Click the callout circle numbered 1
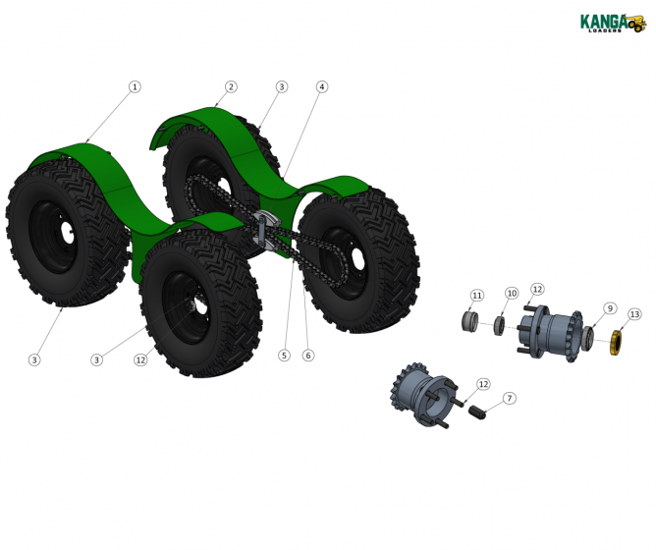pos(135,86)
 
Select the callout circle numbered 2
pos(231,86)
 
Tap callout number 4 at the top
pos(321,86)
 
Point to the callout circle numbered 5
pos(284,356)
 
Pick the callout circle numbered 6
pos(308,356)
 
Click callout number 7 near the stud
pos(509,398)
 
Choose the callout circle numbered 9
pos(609,308)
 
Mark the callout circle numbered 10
pos(512,294)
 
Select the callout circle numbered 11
pos(477,296)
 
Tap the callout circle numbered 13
pos(634,314)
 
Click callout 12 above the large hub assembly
pos(537,289)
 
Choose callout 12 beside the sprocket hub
pos(483,383)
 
